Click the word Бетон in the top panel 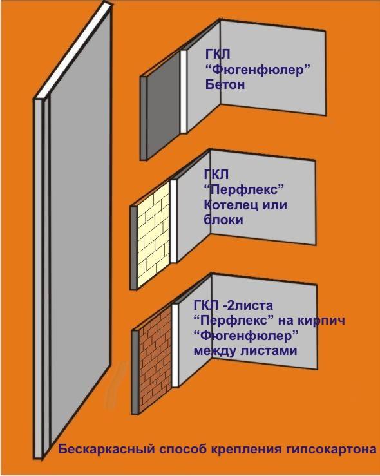(x=225, y=84)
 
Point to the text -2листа (x=248, y=305)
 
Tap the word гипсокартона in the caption (x=331, y=450)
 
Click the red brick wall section (x=155, y=361)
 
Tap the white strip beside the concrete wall (x=184, y=91)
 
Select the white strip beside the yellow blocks (x=174, y=221)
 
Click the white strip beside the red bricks (x=175, y=345)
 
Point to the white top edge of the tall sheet (x=73, y=52)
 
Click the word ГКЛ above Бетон (x=218, y=54)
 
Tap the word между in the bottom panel (x=215, y=351)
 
